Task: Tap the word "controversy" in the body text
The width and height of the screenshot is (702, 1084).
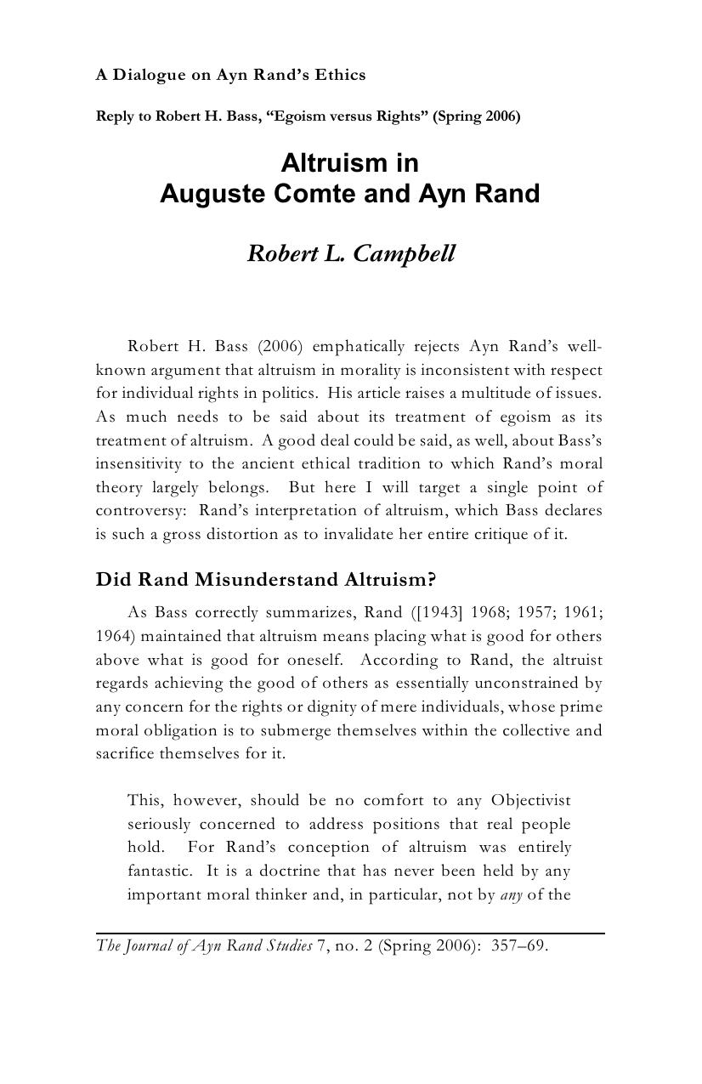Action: pyautogui.click(x=138, y=511)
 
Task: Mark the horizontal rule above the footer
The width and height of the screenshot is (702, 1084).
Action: pyautogui.click(x=350, y=934)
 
